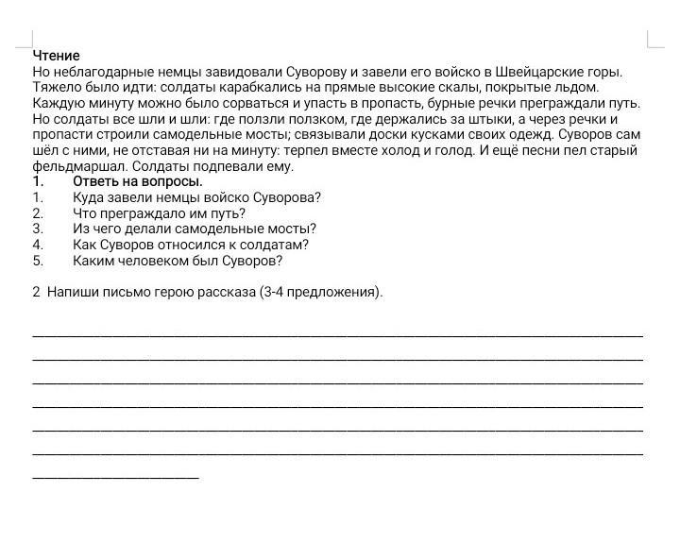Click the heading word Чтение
click(56, 56)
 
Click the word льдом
click(578, 88)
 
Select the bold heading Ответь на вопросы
click(137, 181)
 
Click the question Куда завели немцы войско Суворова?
click(196, 197)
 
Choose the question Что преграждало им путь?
click(159, 213)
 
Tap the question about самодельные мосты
click(194, 229)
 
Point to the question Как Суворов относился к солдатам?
click(190, 245)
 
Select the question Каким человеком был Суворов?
click(177, 261)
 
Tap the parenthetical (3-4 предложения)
click(320, 292)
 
